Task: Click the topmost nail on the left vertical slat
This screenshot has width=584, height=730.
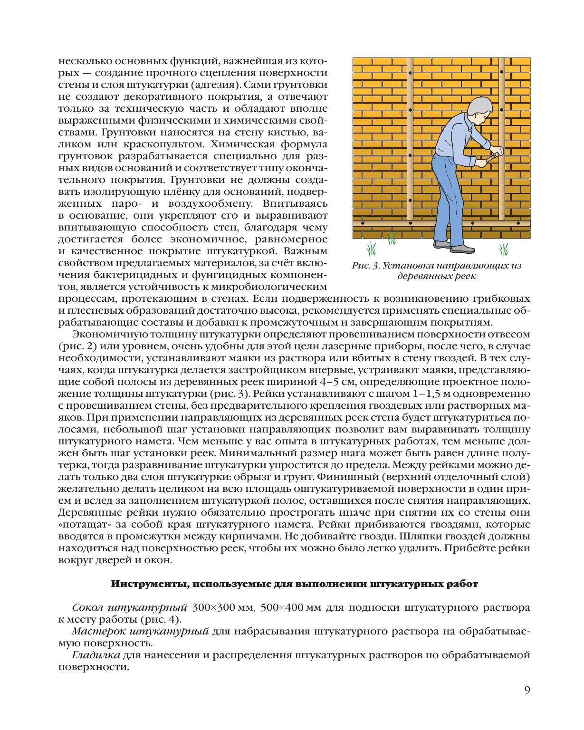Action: click(410, 74)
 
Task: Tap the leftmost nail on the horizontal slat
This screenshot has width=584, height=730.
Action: click(363, 223)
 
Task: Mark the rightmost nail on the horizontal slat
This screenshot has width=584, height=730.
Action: click(518, 223)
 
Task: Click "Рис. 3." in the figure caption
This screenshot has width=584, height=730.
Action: click(365, 266)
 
